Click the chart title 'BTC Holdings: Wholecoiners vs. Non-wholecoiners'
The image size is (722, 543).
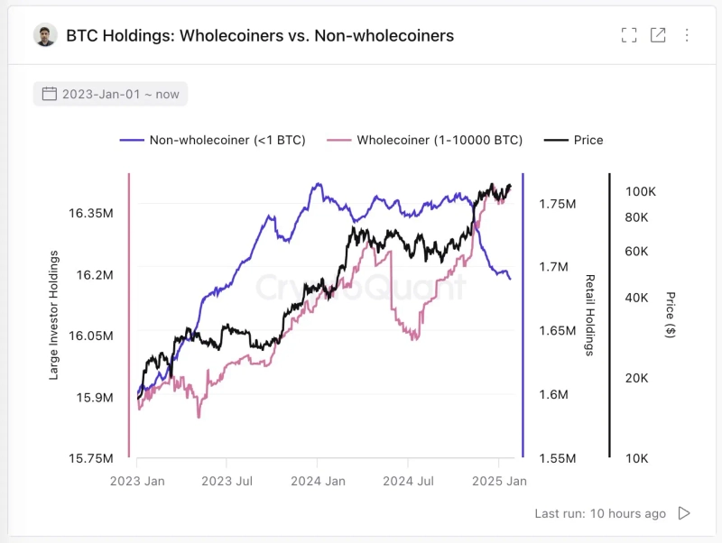[260, 36]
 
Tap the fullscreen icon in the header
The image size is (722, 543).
[629, 35]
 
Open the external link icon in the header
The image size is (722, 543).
[658, 35]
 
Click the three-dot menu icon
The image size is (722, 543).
[687, 35]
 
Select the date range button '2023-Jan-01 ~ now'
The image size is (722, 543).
[111, 94]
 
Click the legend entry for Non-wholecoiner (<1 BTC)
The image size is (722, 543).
[213, 140]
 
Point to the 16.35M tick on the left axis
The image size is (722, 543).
[90, 213]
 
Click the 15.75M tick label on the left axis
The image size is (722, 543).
[90, 458]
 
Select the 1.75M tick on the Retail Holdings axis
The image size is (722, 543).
[556, 204]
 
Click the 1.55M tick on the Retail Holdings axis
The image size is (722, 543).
[556, 458]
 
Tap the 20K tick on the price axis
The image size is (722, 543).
[637, 378]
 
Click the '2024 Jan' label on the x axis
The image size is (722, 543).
[318, 482]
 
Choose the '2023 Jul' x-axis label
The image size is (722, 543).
[227, 482]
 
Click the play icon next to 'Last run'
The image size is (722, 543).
[684, 513]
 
